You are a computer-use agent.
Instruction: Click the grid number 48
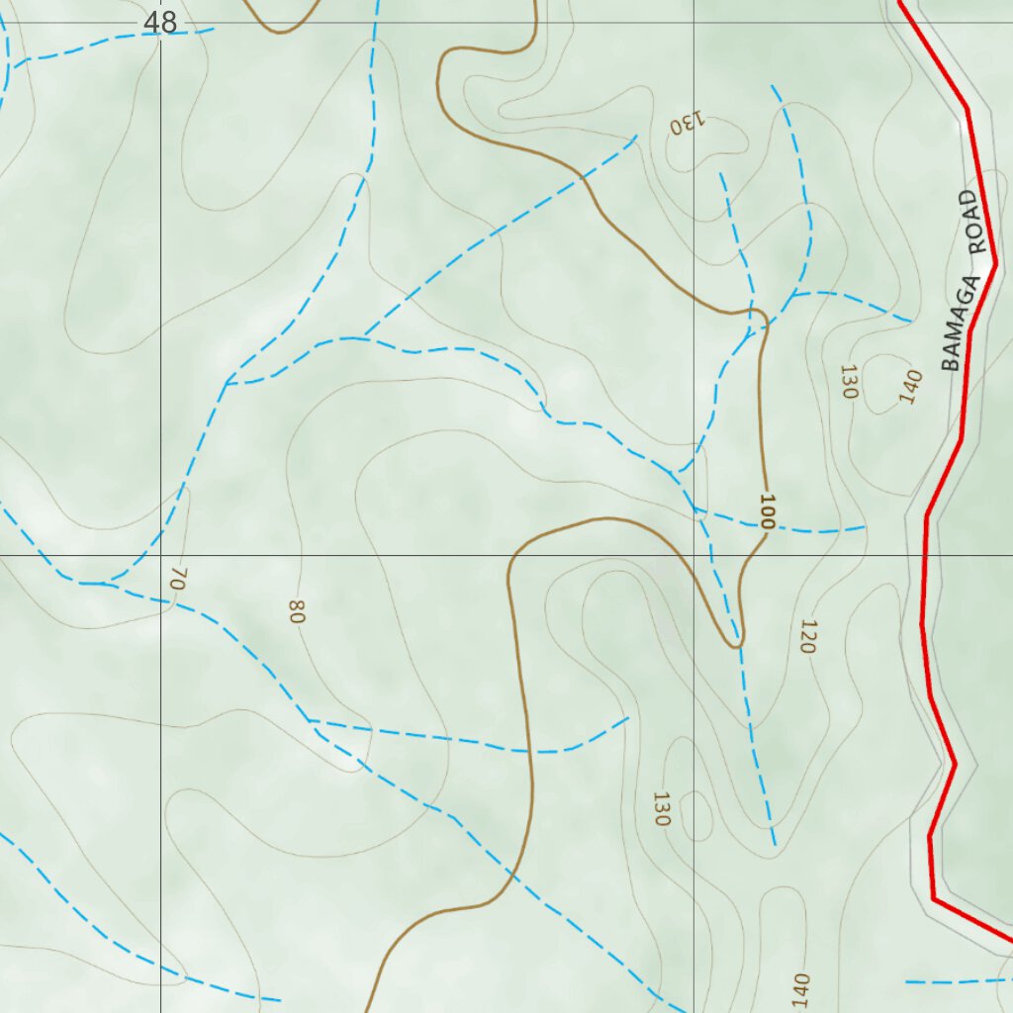click(x=160, y=22)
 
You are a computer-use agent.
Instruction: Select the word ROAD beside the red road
click(x=980, y=224)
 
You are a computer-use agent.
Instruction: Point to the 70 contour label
click(x=177, y=578)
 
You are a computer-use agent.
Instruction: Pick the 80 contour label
click(x=296, y=611)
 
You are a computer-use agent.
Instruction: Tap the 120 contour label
click(x=807, y=636)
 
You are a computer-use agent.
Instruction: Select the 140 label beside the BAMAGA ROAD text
click(x=910, y=387)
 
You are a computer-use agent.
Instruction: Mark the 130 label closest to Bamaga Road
click(x=847, y=382)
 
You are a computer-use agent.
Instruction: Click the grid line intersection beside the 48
click(x=161, y=23)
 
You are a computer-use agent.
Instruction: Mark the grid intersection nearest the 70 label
click(x=161, y=555)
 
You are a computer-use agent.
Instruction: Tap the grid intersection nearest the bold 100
click(x=693, y=555)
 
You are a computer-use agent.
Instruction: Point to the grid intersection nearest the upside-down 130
click(x=693, y=23)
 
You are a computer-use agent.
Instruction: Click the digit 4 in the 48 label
click(x=152, y=22)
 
